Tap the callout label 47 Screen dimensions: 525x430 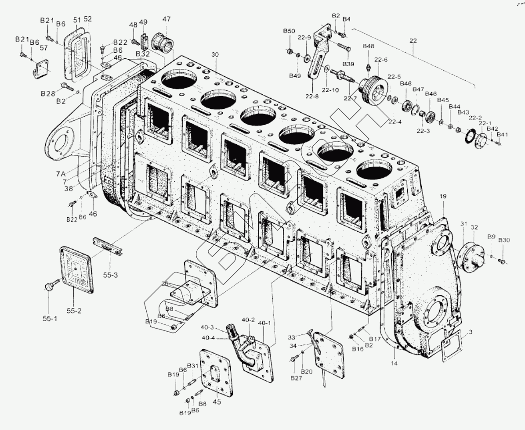tap(167, 19)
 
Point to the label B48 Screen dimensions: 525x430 tap(369, 47)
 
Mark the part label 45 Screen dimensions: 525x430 tap(217, 402)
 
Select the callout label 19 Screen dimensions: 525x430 tap(442, 197)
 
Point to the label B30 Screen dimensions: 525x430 tap(504, 240)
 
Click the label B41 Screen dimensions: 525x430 tap(502, 135)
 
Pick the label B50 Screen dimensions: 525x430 tap(289, 31)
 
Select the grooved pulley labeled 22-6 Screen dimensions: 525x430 tap(373, 90)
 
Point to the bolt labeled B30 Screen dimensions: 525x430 tap(502, 262)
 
